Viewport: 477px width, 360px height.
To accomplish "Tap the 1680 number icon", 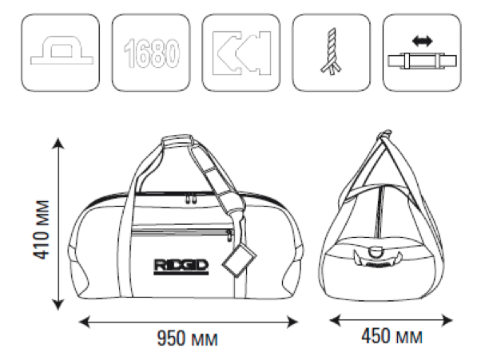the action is tap(151, 53).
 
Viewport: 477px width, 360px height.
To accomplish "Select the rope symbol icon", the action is tap(331, 51).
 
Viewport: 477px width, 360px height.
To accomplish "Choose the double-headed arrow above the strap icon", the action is tap(422, 41).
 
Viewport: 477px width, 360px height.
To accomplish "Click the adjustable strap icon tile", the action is tap(422, 52).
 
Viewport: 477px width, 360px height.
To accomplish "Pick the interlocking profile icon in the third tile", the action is tap(241, 53).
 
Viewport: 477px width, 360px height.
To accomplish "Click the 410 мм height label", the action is tap(41, 230).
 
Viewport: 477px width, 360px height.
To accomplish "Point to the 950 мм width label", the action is tap(187, 338).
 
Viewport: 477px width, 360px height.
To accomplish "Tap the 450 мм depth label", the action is tap(392, 336).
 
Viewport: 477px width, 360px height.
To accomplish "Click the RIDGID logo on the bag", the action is tap(181, 267).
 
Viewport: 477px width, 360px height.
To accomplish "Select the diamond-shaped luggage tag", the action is tap(239, 260).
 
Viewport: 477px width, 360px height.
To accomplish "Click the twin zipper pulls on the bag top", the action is tap(191, 199).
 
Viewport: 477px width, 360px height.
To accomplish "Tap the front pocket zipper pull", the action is tap(229, 235).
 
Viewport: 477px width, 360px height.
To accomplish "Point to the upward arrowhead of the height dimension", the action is tap(58, 144).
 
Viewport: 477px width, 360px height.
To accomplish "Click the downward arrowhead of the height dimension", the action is tap(58, 304).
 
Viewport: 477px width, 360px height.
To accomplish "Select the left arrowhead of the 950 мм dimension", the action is tap(84, 322).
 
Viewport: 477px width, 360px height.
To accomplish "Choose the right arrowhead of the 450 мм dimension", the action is tap(447, 320).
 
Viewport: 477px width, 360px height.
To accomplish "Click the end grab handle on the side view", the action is tap(376, 259).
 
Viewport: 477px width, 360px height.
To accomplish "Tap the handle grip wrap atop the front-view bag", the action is tap(177, 141).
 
